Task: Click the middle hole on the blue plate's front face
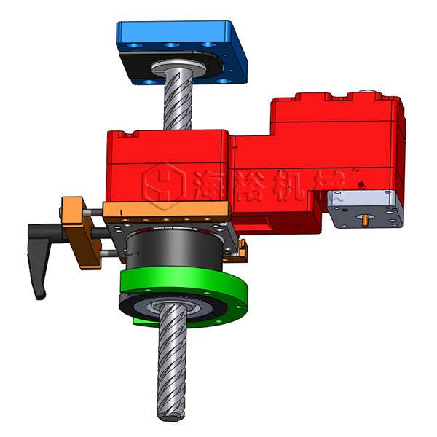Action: (x=172, y=45)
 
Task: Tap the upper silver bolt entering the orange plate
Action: (x=95, y=213)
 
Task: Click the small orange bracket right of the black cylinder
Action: (x=237, y=252)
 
